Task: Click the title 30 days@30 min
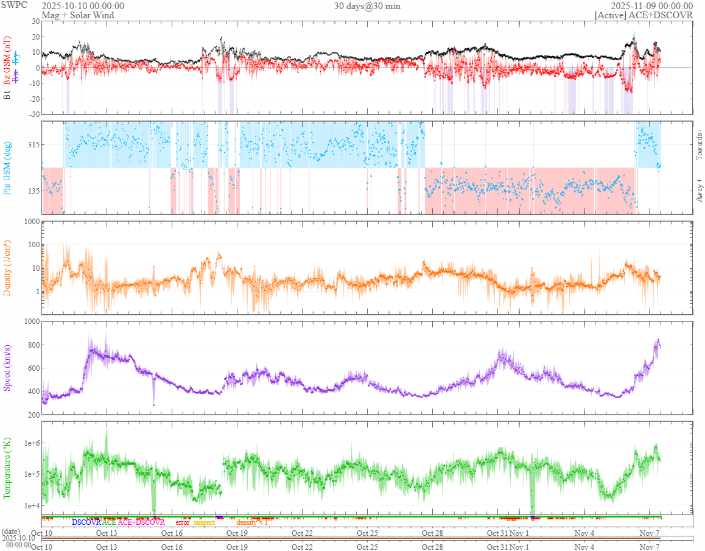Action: click(x=367, y=6)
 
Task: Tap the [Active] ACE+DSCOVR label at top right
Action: click(x=644, y=15)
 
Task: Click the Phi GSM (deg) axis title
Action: click(x=7, y=168)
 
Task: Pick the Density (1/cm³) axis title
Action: click(x=7, y=268)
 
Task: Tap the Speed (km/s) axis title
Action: click(x=7, y=368)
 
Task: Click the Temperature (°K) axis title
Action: click(x=7, y=468)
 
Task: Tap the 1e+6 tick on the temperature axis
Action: click(x=30, y=443)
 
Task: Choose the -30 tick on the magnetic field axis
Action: click(x=33, y=114)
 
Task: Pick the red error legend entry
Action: click(x=183, y=522)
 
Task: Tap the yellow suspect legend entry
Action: click(x=205, y=522)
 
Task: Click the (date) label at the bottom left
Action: click(x=11, y=532)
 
